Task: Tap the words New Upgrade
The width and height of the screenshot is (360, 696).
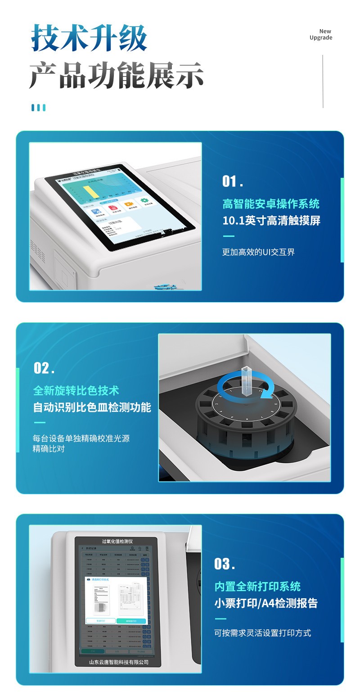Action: click(x=321, y=35)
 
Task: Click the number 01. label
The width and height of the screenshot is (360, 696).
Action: click(x=233, y=181)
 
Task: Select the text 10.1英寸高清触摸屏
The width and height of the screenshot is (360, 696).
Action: click(x=271, y=221)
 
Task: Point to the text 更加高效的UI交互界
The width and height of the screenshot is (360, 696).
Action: click(x=258, y=252)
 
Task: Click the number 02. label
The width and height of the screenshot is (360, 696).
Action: click(x=44, y=368)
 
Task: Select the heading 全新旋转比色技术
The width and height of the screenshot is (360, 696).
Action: click(x=76, y=390)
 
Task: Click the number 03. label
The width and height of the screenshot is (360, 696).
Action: click(x=225, y=564)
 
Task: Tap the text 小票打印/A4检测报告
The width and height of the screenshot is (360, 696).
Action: click(x=266, y=603)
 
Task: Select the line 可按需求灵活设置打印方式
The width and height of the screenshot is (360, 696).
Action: click(x=262, y=633)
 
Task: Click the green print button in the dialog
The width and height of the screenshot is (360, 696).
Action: click(x=131, y=621)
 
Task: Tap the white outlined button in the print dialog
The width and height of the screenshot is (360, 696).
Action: click(x=100, y=621)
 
